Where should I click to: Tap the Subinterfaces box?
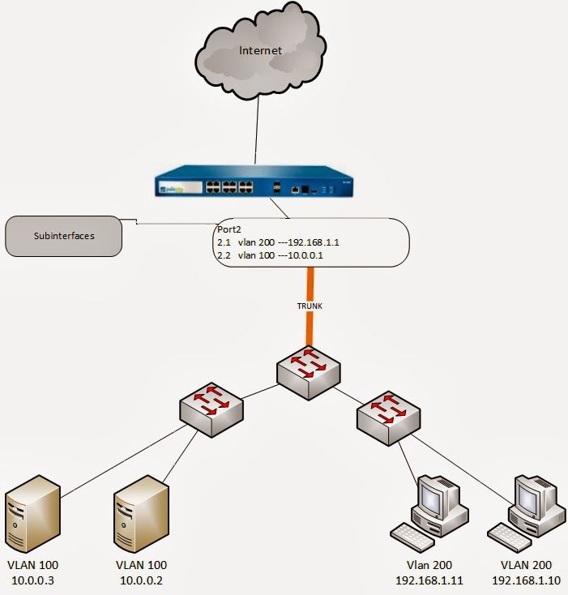[63, 237]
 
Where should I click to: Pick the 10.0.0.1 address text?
[318, 255]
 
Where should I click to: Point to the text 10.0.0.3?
[32, 580]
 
